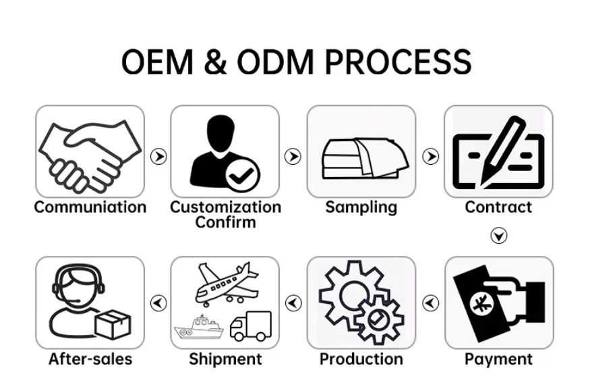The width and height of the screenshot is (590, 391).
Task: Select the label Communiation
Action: coord(90,207)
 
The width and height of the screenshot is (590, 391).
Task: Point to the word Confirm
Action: coord(225,222)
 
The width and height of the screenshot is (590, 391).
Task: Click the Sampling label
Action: coord(361,207)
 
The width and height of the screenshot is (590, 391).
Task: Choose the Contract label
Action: coord(498,207)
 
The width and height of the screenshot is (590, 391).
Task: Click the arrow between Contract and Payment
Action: coord(498,236)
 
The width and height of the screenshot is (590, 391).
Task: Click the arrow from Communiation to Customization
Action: coord(158,157)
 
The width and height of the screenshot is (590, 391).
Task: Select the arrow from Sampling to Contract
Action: coord(430,157)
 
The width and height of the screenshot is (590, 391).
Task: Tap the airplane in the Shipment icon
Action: coord(225,282)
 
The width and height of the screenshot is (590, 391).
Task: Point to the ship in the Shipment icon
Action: coord(199,329)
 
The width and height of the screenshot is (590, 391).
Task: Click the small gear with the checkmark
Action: coord(380,318)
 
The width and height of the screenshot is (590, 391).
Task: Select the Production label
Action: coord(361,359)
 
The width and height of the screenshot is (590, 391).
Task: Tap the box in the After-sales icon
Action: coord(112,325)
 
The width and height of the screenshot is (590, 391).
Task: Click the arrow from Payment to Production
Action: coord(430,303)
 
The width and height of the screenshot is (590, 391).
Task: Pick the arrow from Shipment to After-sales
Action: coord(158,303)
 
